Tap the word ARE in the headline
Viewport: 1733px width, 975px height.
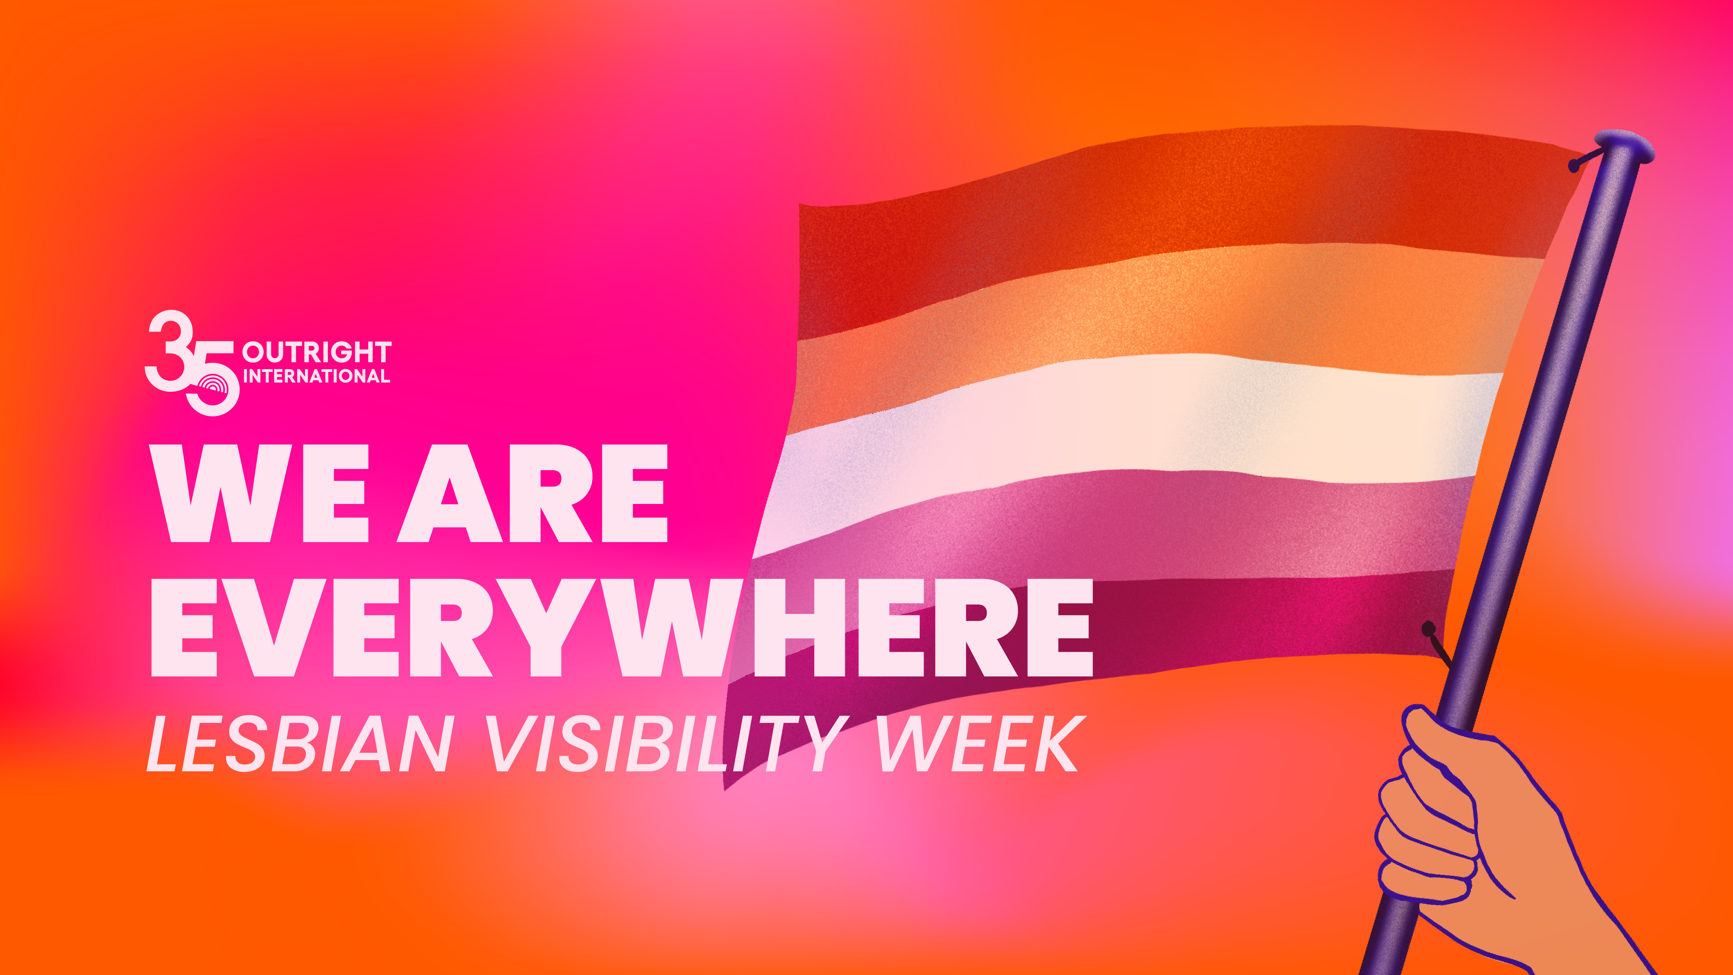pyautogui.click(x=533, y=493)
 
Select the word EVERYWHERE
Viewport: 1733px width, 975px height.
pyautogui.click(x=622, y=627)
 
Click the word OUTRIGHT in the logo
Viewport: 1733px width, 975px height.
pyautogui.click(x=317, y=352)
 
